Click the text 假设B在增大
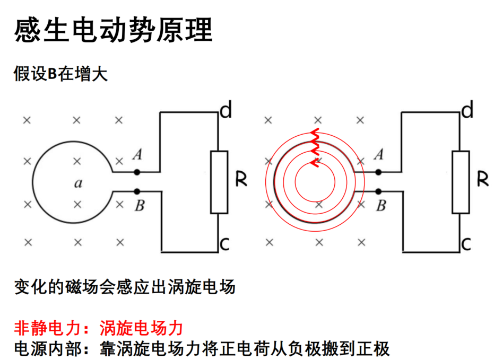[60, 74]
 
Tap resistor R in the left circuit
[219, 182]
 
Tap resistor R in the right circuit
[461, 182]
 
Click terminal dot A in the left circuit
[137, 172]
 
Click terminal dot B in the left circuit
[137, 191]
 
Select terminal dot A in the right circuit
[378, 172]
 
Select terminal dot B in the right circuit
[378, 191]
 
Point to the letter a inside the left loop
[78, 183]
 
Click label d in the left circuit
[226, 110]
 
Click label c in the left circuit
[224, 244]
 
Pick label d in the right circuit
[467, 110]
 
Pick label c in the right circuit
[466, 244]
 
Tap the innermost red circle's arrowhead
[314, 163]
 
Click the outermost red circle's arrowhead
[315, 133]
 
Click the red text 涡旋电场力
[141, 328]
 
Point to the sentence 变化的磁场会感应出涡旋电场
[125, 287]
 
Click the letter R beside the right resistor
[483, 179]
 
